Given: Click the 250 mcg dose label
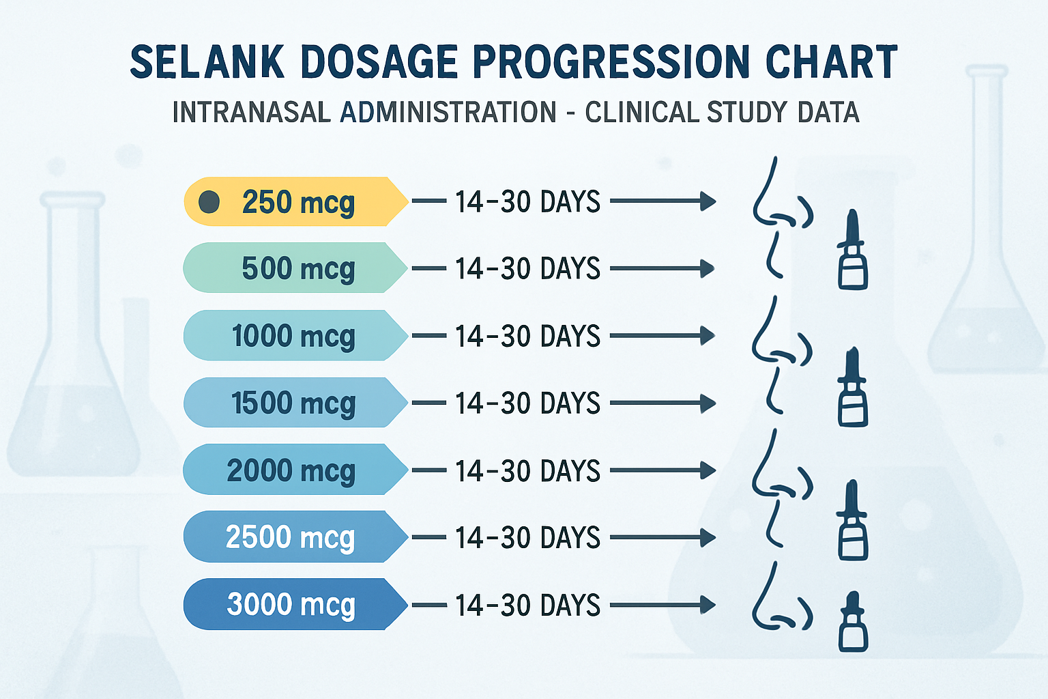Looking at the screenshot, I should (x=297, y=202).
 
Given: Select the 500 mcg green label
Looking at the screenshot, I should (x=297, y=268).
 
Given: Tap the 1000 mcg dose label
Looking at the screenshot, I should (x=293, y=336).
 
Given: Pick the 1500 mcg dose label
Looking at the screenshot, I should (x=293, y=403).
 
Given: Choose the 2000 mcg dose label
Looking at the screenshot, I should (x=291, y=470).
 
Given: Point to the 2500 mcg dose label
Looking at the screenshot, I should (x=291, y=537).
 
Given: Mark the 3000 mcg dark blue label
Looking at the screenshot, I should (x=291, y=605).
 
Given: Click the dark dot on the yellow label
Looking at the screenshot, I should (x=209, y=202).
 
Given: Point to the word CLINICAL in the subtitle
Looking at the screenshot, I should (x=641, y=113).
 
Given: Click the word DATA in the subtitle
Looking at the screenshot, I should (x=828, y=113).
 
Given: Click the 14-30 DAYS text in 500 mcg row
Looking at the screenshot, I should (x=527, y=269).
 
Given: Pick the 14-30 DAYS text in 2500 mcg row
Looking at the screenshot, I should (x=527, y=538).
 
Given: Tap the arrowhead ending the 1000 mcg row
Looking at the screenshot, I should (x=708, y=336).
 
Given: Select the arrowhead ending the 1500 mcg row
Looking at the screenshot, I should (x=708, y=403).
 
